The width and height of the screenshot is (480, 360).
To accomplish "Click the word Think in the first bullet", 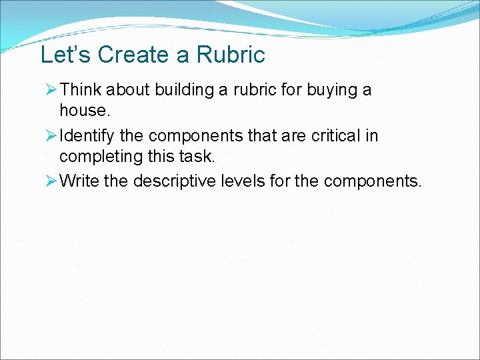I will coord(80,89).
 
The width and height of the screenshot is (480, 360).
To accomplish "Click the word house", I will coord(84,109).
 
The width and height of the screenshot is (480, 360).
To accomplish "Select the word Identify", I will coord(87,136).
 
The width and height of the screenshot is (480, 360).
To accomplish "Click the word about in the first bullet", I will coord(128,89).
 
